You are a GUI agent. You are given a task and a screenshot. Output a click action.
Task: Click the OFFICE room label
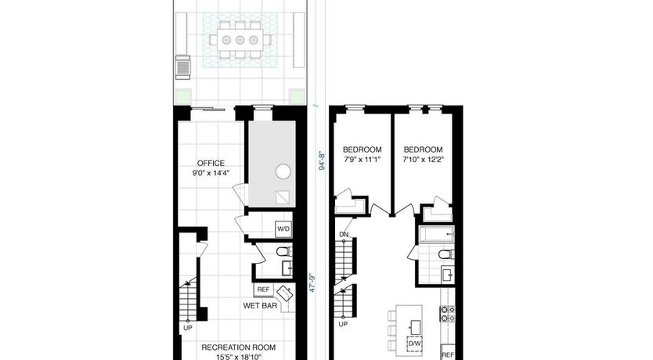[x=211, y=163]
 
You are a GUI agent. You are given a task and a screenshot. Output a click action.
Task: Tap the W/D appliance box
[x=283, y=229]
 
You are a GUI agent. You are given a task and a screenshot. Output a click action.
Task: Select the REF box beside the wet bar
[x=263, y=290]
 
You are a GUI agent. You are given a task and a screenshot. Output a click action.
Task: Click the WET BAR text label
[x=260, y=306]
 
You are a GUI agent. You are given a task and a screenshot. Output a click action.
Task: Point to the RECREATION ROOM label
[x=239, y=347]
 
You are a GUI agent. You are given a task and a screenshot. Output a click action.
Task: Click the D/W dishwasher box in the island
[x=414, y=344]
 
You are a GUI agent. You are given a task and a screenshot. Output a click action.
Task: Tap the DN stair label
[x=344, y=234]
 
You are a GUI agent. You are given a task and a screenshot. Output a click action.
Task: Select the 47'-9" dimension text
[x=312, y=283]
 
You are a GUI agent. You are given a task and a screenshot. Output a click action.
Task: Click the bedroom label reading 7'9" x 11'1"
[x=362, y=160]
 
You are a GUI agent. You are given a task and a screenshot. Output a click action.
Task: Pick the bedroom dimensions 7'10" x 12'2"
[x=423, y=160]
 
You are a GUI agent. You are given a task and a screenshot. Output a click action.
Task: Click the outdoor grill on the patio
[x=182, y=67]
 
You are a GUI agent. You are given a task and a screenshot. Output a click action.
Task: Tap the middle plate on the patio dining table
[x=240, y=40]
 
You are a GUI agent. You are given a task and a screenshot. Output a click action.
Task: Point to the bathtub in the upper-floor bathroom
[x=436, y=234]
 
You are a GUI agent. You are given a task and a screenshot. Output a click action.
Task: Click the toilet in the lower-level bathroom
[x=284, y=251]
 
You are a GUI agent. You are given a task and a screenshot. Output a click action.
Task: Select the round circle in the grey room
[x=283, y=171]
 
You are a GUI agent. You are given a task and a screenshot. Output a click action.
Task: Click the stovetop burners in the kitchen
[x=448, y=314]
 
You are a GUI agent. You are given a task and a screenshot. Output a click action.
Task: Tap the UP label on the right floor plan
[x=343, y=324]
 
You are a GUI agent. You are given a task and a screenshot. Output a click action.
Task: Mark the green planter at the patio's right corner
[x=297, y=96]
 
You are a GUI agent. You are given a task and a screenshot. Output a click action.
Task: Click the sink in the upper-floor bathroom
[x=448, y=274]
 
